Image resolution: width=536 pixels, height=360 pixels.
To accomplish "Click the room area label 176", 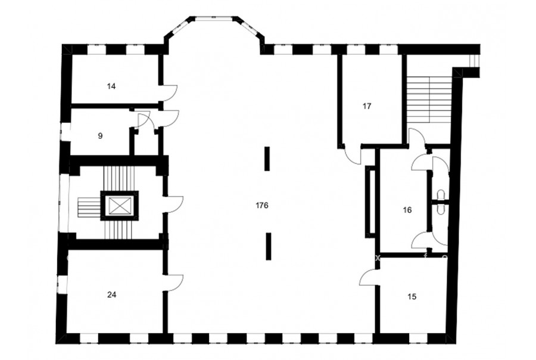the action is click(x=262, y=205).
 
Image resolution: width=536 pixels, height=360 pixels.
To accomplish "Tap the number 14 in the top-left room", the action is click(x=111, y=86).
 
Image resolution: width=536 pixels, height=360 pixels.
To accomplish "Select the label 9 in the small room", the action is click(x=100, y=136).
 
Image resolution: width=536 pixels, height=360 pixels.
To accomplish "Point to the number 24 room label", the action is click(x=112, y=294).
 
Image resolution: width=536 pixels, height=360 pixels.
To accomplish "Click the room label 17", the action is click(x=367, y=106).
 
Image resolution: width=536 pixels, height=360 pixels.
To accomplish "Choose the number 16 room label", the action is click(x=407, y=210).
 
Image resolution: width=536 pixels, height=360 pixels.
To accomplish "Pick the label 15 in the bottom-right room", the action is click(x=412, y=296).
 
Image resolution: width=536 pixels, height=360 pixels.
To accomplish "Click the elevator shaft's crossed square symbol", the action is click(x=120, y=206).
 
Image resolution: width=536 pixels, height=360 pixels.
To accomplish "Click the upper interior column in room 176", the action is click(x=267, y=159).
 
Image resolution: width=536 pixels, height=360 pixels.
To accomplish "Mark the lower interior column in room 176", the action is click(x=269, y=246).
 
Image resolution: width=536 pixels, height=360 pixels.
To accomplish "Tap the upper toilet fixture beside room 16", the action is click(x=440, y=194).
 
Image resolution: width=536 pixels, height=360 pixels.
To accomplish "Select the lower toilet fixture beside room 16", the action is click(x=440, y=209).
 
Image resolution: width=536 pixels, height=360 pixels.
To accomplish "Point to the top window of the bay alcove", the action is click(x=214, y=17).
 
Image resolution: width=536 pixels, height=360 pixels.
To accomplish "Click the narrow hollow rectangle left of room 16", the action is click(x=370, y=201).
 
